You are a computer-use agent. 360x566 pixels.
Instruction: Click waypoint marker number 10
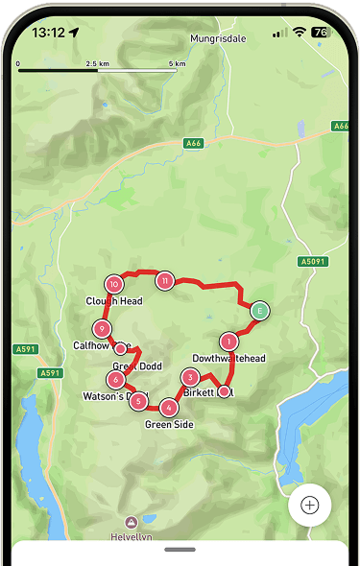[x=114, y=284]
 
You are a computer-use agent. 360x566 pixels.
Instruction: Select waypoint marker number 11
[x=165, y=280]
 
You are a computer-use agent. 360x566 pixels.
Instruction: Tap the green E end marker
[x=259, y=310]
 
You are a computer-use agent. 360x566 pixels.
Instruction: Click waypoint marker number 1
[x=228, y=341]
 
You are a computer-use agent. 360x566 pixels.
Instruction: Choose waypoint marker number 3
[x=190, y=378]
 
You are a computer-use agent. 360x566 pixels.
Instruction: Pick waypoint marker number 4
[x=168, y=407]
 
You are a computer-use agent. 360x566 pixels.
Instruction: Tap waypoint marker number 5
[x=139, y=401]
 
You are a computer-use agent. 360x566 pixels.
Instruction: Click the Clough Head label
[x=114, y=300]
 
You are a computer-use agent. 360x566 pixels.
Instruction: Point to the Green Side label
[x=169, y=424]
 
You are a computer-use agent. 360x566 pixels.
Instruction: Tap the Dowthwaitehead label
[x=228, y=358]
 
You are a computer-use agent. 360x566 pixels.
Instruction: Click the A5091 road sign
[x=311, y=261]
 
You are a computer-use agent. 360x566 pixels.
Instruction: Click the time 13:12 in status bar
[x=48, y=32]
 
